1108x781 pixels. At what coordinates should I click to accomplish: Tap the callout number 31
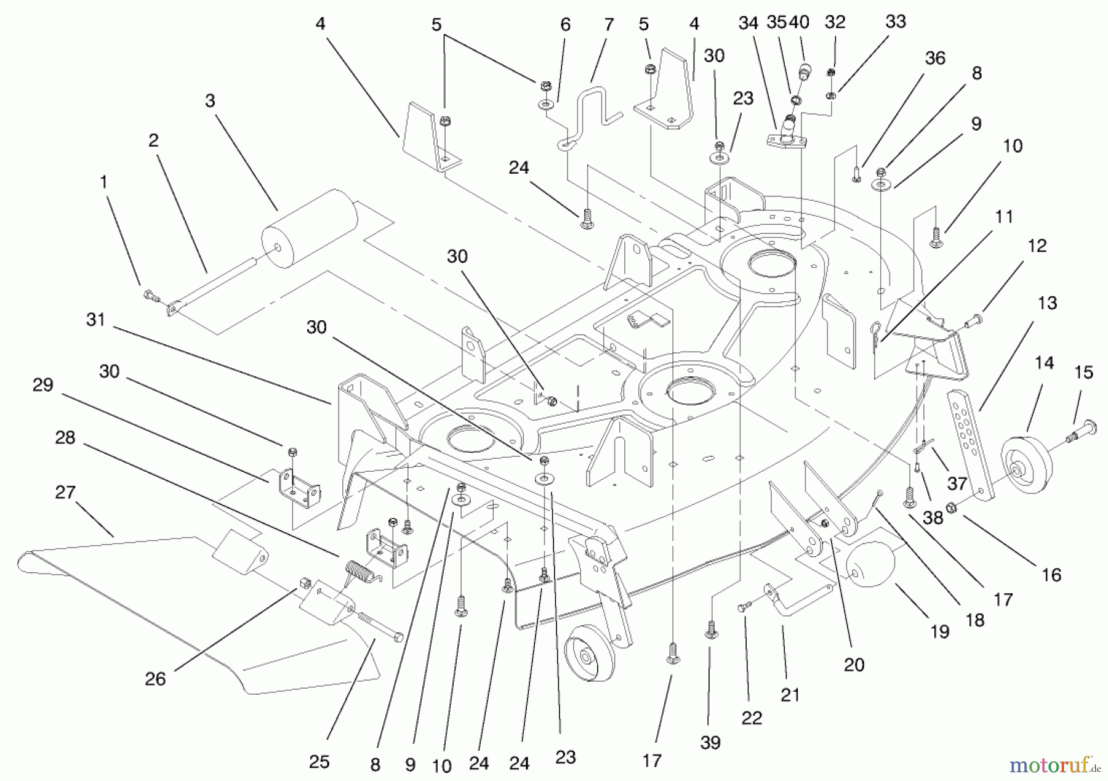tap(95, 320)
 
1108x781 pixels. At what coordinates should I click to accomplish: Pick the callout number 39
tap(710, 742)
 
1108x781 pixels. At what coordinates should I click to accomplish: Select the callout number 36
tap(935, 59)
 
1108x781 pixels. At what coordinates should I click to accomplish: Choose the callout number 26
tap(155, 679)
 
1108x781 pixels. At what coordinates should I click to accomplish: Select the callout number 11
tap(1004, 217)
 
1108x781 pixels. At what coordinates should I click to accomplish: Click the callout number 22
tap(752, 718)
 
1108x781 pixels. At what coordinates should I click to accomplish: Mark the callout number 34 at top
tap(748, 23)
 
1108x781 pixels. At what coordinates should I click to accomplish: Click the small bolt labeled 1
tap(150, 295)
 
